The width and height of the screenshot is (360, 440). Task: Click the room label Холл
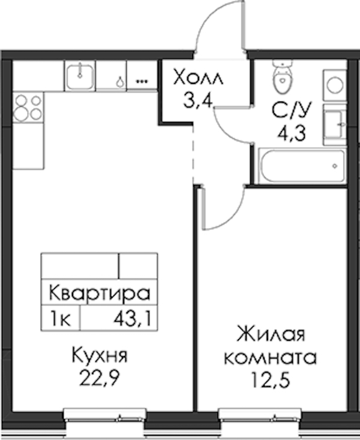(x=199, y=77)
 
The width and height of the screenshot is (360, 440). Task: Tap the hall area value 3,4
(x=198, y=100)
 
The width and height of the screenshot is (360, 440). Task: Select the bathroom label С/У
(x=292, y=110)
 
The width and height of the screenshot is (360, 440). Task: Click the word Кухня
(x=100, y=355)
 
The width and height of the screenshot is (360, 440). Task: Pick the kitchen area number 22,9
(x=100, y=378)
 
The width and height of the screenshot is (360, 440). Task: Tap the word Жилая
(x=271, y=334)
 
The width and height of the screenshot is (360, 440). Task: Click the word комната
(x=271, y=358)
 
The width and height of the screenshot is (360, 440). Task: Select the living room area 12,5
(x=270, y=379)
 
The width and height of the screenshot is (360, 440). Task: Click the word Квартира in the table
(x=100, y=293)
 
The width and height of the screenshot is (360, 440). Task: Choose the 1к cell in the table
(x=60, y=319)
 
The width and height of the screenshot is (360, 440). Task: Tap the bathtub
(x=302, y=166)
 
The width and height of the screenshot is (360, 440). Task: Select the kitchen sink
(x=80, y=76)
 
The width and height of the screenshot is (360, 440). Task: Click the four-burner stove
(x=28, y=107)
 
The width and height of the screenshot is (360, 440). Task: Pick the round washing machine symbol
(x=335, y=85)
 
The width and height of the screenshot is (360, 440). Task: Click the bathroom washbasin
(x=335, y=124)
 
